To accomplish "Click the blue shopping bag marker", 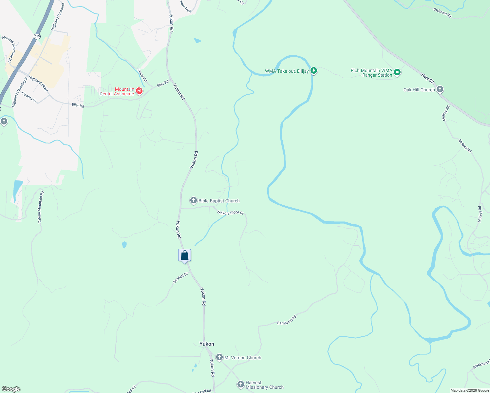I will tap(184, 255).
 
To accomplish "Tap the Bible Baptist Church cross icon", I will tap(194, 200).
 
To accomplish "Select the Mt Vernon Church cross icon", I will tap(219, 357).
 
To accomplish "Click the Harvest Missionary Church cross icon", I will tap(241, 384).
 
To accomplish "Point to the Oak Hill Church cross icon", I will tap(440, 89).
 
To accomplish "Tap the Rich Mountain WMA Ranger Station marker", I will tap(397, 72).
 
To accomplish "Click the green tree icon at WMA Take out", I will tap(314, 70).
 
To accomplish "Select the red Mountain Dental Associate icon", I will tap(139, 91).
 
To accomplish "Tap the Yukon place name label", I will tap(207, 344).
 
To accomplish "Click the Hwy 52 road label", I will tap(427, 78).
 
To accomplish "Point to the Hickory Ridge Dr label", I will tap(231, 213).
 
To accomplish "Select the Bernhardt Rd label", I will tap(287, 320).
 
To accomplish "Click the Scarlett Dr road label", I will tap(180, 278).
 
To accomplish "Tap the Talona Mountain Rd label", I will tap(41, 207).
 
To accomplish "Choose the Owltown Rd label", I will tap(442, 13).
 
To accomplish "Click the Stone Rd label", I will tap(142, 75).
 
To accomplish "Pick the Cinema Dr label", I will tap(29, 97).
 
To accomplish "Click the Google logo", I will tap(11, 389).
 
